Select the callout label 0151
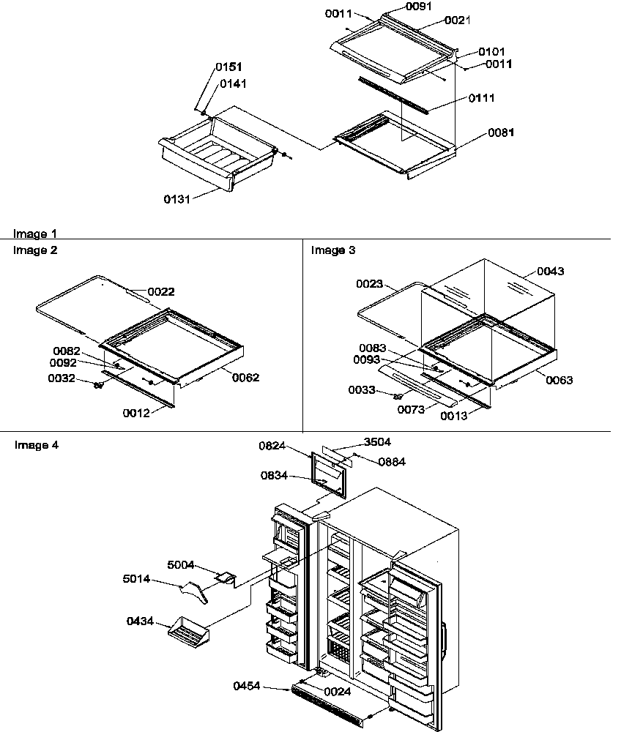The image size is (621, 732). (x=228, y=67)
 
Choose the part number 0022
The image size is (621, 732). (x=161, y=291)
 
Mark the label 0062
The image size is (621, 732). (x=245, y=378)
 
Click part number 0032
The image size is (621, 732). (x=61, y=378)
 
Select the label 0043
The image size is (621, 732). (x=551, y=272)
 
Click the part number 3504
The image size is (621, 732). (x=377, y=442)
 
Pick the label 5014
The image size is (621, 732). (x=138, y=579)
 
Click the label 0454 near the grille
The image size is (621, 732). (x=248, y=686)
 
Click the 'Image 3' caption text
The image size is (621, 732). (x=333, y=250)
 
